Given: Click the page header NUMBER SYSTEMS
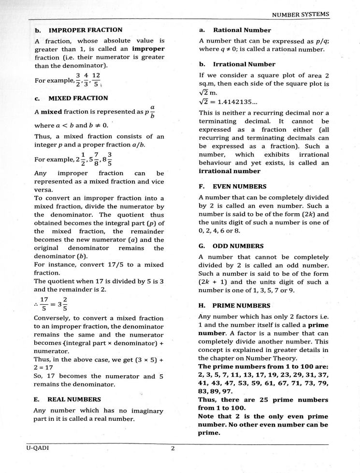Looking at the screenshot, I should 301,15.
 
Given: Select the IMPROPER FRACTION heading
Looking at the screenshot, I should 79,30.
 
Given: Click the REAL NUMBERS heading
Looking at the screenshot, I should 68,399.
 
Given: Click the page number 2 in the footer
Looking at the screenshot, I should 173,448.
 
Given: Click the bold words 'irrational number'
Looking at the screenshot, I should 229,171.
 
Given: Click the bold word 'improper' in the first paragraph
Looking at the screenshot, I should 149,48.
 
